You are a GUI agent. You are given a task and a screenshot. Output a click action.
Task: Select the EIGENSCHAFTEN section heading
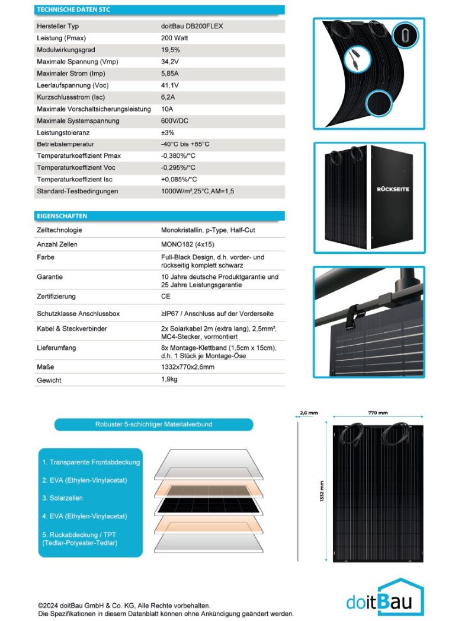coord(62,216)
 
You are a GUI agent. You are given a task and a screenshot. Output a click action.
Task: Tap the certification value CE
coord(165,296)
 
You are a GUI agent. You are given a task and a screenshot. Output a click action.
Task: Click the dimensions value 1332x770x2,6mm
coord(188,368)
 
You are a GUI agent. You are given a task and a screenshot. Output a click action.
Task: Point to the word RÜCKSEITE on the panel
coord(393,189)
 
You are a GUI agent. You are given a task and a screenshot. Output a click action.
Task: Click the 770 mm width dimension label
coord(378,413)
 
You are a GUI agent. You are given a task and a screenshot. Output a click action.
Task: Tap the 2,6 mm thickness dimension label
coord(309,413)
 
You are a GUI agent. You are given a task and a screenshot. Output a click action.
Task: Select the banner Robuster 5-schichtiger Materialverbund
coord(153,425)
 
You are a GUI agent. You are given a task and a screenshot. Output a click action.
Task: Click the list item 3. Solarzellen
coord(62,498)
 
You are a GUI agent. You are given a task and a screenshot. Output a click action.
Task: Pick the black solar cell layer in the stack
coord(208,506)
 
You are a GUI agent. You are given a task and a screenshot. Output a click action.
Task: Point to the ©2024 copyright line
coord(124,605)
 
